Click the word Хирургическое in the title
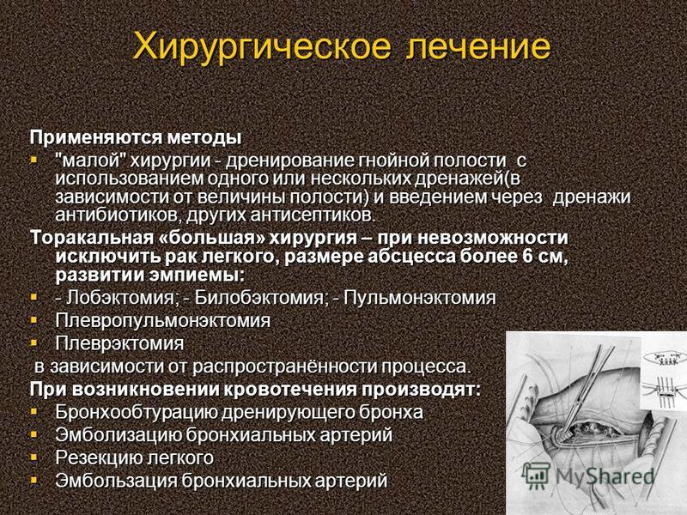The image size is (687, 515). [262, 46]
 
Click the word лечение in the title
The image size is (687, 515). [478, 45]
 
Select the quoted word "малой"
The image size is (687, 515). [91, 161]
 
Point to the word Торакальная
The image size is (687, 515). [91, 238]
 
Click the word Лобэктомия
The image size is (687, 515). [120, 298]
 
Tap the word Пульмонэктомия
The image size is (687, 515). [419, 298]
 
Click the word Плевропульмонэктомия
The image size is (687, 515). [162, 320]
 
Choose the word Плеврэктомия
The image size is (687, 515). [119, 343]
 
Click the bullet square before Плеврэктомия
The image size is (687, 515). [34, 342]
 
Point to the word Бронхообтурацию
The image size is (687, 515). [136, 413]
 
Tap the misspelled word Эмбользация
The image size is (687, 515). [116, 481]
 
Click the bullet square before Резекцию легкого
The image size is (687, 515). [34, 457]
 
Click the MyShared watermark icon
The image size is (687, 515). [536, 476]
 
